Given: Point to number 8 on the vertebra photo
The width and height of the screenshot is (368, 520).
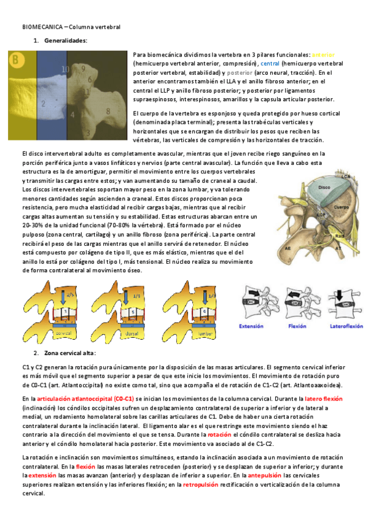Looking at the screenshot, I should [108, 111].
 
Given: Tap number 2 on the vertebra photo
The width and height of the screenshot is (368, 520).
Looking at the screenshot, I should [43, 104].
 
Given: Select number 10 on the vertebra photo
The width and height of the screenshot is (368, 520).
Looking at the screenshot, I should [65, 69].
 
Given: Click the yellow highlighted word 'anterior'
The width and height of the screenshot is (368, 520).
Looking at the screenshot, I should [323, 55].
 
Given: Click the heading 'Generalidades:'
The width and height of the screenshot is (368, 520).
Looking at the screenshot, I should [65, 40].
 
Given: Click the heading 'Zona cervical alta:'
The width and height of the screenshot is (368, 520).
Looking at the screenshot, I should [69, 354].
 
